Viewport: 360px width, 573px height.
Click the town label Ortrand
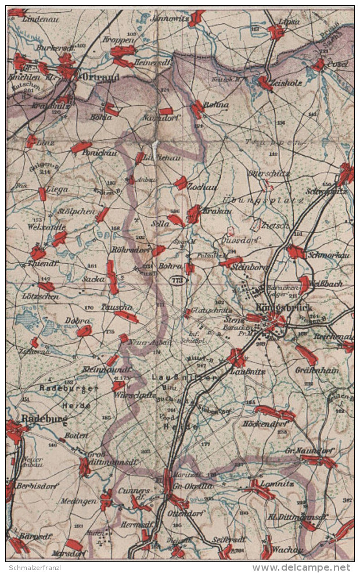pos(101,76)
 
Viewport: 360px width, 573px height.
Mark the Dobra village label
pos(78,321)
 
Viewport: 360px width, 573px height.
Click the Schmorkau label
pos(330,255)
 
